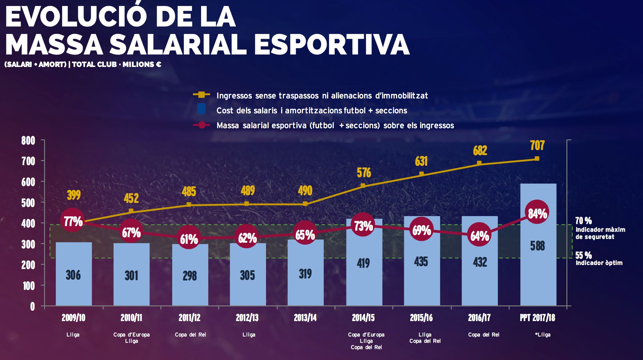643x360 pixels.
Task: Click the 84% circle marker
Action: point(537,213)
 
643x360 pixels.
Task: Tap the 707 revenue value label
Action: point(537,145)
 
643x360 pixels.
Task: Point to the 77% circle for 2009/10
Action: point(73,221)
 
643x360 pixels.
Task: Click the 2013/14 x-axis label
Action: point(305,318)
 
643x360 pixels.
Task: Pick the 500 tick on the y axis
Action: point(28,203)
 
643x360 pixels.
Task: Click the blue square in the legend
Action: point(201,109)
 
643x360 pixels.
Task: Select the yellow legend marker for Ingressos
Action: point(201,94)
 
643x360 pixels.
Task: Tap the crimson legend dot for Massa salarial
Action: point(202,125)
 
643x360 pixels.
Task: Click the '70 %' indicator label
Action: point(584,221)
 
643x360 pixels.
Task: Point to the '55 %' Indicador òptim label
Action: point(584,255)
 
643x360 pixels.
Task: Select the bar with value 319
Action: point(305,286)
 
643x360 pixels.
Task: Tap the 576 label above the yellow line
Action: point(364,173)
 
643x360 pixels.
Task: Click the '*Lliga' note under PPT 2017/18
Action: point(543,335)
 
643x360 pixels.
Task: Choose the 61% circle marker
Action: point(189,239)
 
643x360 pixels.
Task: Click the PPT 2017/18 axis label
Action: point(537,318)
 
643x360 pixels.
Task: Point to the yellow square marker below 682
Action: point(479,163)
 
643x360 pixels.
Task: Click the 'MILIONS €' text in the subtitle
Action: point(142,64)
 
